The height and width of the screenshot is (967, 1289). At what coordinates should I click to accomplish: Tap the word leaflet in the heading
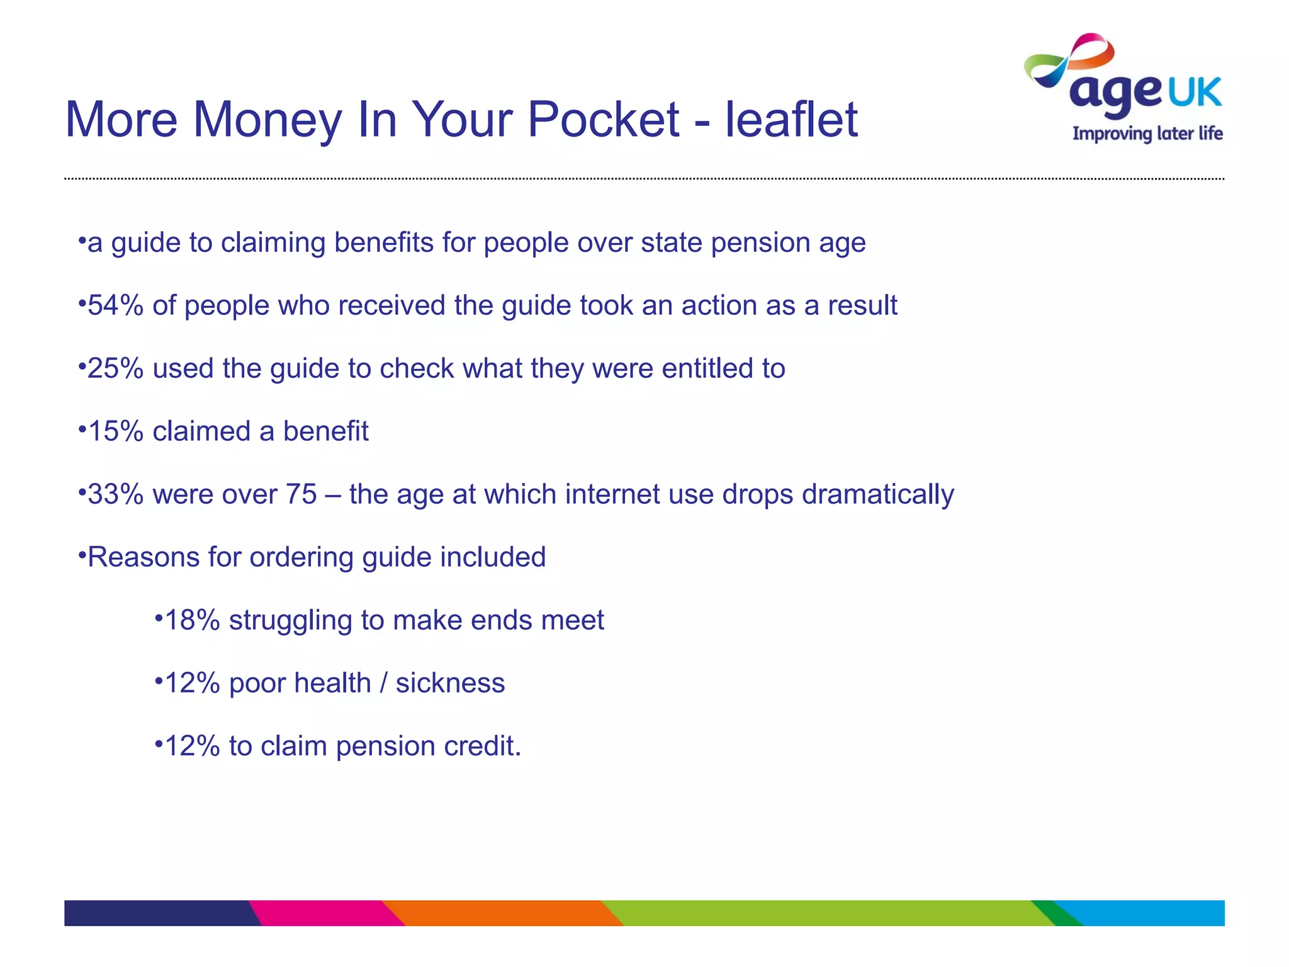click(791, 120)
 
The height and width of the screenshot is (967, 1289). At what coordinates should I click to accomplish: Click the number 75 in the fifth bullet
click(301, 494)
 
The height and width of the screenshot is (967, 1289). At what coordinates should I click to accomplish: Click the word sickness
click(450, 683)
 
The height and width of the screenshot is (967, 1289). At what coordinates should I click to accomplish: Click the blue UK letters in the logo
click(1195, 93)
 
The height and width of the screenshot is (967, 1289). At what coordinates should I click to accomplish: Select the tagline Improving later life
click(1147, 134)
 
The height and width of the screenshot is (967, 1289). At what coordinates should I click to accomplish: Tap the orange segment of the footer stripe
click(504, 913)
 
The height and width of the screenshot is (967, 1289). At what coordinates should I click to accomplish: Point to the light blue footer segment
click(1152, 913)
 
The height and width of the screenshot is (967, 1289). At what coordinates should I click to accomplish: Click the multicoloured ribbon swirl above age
click(1070, 60)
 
